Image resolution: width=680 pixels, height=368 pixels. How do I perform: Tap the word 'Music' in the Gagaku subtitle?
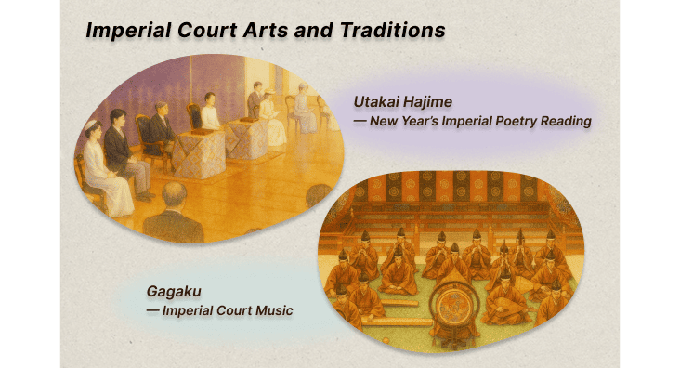pos(271,309)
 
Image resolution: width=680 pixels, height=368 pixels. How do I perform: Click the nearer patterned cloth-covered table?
pos(196,153)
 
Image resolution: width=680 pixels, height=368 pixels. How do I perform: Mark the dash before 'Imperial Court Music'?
pos(152,309)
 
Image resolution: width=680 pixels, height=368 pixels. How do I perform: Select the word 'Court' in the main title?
pos(199,31)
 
